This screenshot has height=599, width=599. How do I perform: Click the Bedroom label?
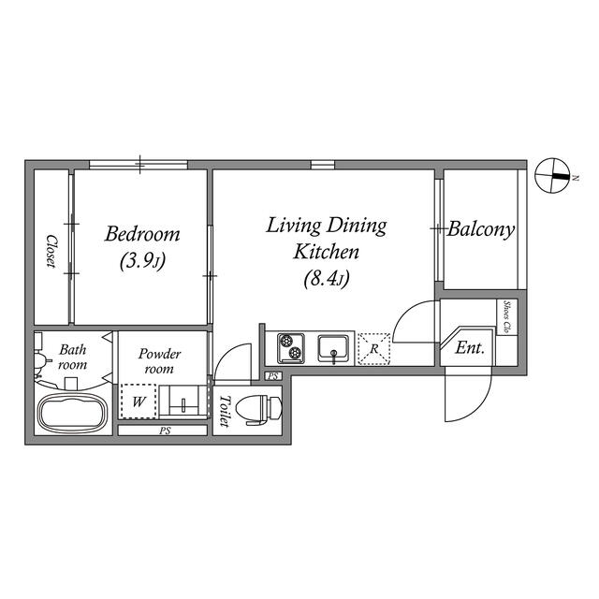coord(142,234)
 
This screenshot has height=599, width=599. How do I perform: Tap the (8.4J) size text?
coord(327,278)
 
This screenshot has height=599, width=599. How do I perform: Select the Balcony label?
coord(480,230)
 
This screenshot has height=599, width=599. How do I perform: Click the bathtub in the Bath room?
coord(72,414)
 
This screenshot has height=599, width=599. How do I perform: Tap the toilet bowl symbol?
coord(259,410)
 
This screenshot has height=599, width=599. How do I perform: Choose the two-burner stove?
coord(291,348)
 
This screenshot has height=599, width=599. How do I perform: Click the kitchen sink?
coord(333,348)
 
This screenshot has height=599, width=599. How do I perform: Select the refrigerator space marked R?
coord(374,349)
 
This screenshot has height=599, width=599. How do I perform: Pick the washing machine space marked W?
coord(139,402)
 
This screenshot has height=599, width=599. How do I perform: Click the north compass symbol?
coord(552,176)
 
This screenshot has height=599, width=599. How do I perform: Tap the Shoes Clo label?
coord(507,316)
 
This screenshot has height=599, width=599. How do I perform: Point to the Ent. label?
coord(470,348)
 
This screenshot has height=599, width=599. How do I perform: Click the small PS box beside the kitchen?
coord(273,376)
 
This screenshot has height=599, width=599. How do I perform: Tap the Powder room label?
coord(159,361)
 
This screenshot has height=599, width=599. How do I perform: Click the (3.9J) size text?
coord(142,261)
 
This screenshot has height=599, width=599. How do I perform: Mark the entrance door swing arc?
coord(484,405)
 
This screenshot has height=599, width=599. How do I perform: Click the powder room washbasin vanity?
coord(183,401)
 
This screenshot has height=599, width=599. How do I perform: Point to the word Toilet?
coord(226,411)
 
